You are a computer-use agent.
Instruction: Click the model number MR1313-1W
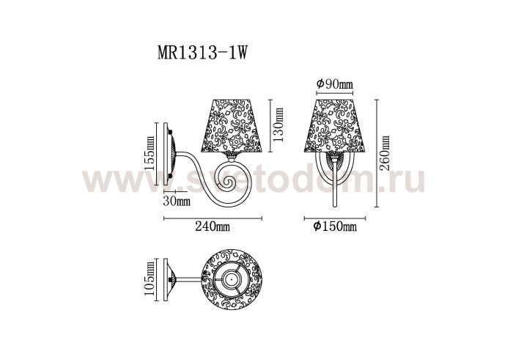pos(202,53)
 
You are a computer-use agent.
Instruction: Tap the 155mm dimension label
pos(150,152)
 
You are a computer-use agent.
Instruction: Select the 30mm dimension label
pos(177,201)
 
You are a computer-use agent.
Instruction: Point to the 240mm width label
pos(213,226)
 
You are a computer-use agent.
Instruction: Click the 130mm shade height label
pos(278,125)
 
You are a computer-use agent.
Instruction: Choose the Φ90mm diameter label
pos(335,84)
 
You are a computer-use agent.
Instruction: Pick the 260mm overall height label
pos(385,153)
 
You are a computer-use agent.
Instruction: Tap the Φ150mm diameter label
pos(335,226)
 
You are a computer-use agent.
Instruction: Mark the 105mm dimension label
pos(150,279)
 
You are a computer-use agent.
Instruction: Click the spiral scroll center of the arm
pos(226,182)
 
